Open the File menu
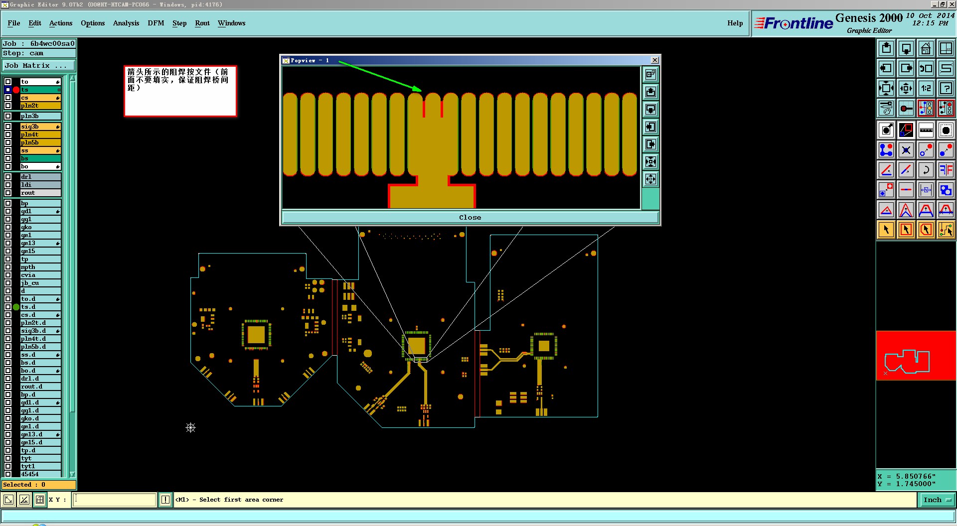(14, 23)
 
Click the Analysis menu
(126, 23)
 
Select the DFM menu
(156, 23)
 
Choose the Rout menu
(202, 23)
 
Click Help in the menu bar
(735, 23)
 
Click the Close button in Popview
(470, 218)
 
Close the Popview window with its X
(655, 60)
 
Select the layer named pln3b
(40, 116)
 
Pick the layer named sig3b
(40, 127)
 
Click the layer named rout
(40, 193)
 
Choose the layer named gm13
(40, 243)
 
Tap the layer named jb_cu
(40, 283)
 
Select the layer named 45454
(40, 474)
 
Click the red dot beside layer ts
(16, 90)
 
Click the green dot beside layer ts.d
(16, 307)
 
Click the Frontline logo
(794, 23)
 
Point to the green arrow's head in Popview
(421, 91)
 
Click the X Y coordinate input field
(115, 500)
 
